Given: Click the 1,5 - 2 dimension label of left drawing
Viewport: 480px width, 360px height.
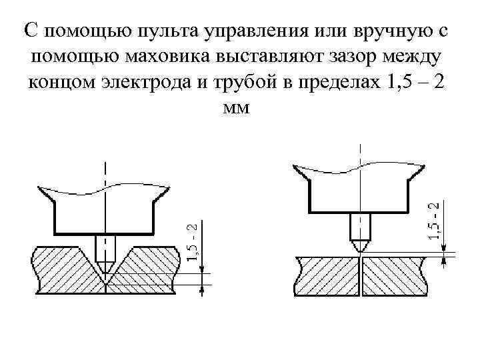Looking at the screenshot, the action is tap(192, 242).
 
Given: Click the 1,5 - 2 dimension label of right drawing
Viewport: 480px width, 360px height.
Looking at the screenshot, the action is tap(434, 222).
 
